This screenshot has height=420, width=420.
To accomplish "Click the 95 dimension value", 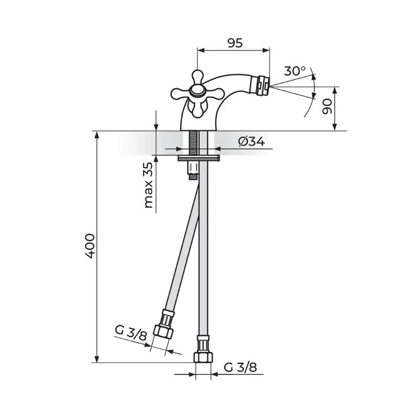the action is (235, 43).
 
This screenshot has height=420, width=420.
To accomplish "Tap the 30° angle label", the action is (295, 71).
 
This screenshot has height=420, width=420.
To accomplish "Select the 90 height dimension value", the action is (327, 107).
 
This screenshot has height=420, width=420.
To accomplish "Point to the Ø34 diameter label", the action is (251, 142).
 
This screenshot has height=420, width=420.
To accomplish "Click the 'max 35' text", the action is (149, 185).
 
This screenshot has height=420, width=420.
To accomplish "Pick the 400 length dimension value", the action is (89, 246).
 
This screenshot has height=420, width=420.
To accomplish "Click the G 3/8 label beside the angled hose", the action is (131, 333).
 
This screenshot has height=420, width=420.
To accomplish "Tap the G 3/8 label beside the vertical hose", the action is (240, 367).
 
